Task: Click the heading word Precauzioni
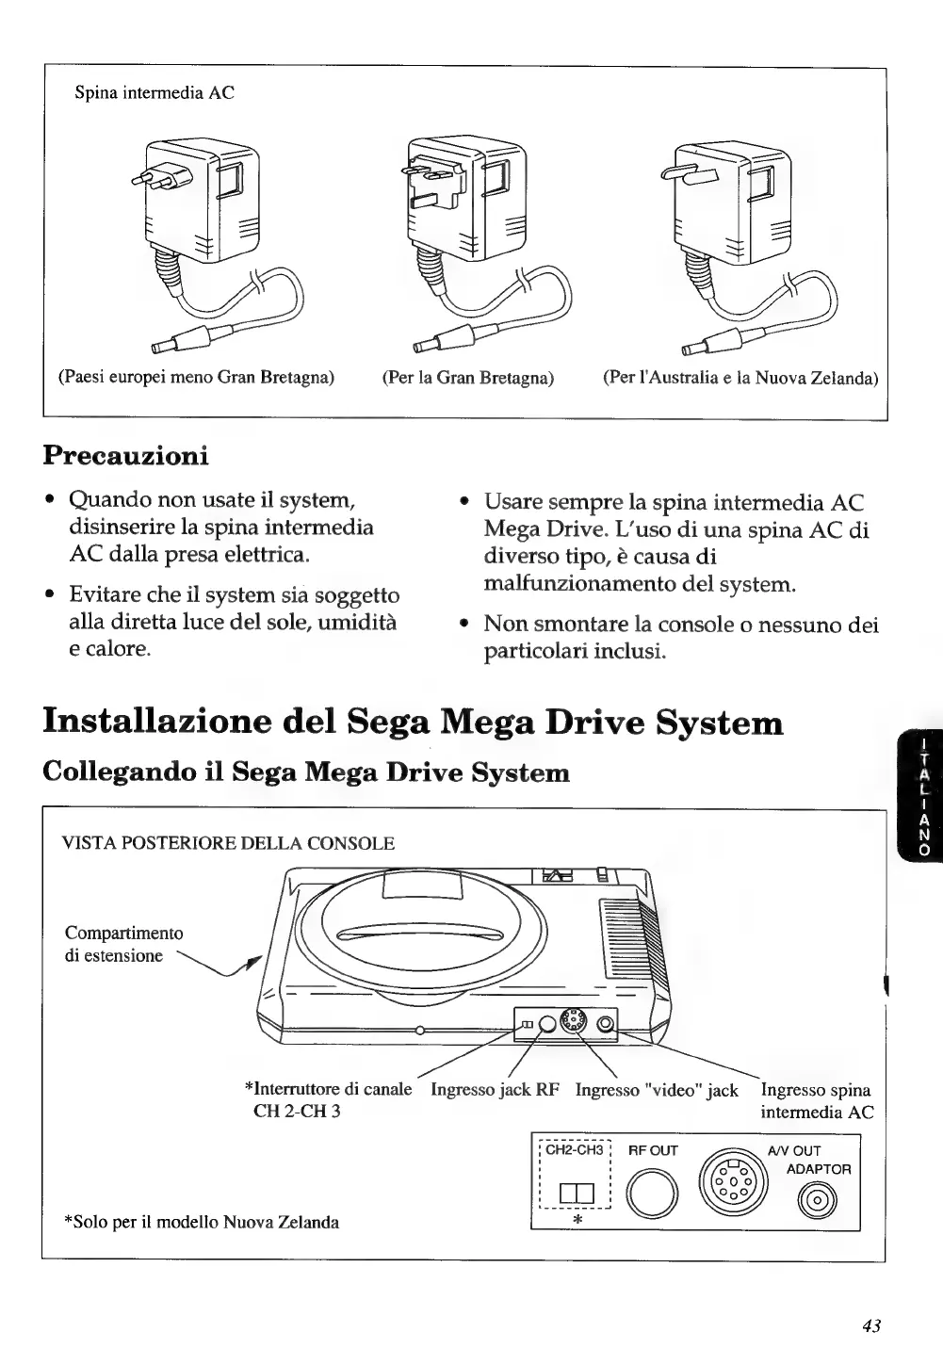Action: coord(125,455)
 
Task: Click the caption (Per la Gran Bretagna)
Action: coord(467,378)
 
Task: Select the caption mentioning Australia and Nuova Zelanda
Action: coord(740,378)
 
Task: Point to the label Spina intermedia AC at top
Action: coord(154,92)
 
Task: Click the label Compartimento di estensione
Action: coord(123,944)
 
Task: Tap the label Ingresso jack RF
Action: coord(495,1090)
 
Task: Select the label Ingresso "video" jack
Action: coord(657,1090)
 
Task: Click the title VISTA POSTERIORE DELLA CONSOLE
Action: coord(228,843)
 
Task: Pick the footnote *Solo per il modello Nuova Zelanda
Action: coord(201,1222)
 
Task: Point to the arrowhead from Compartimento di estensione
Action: coord(251,961)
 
